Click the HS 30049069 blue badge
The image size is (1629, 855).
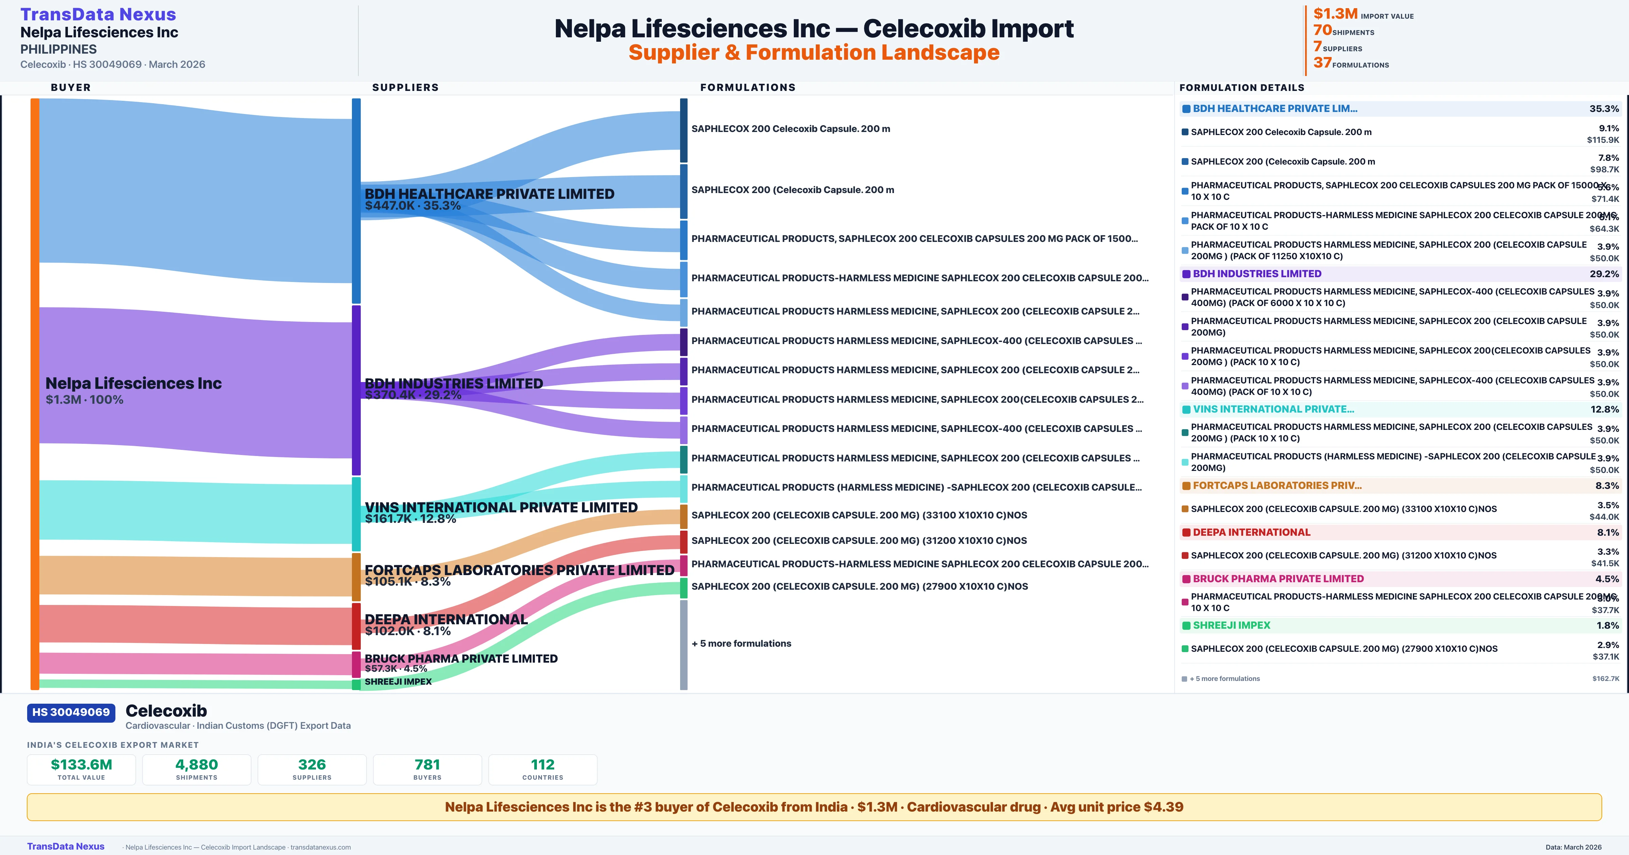[x=71, y=712]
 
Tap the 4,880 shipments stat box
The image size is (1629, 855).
[x=197, y=769]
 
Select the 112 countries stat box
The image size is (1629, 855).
[x=543, y=769]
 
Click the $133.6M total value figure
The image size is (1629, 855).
[x=81, y=764]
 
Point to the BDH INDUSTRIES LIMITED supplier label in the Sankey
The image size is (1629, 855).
[x=453, y=384]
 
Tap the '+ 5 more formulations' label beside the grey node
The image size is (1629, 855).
[x=741, y=644]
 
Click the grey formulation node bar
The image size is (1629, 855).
[x=684, y=644]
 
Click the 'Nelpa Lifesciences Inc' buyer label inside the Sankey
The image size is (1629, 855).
[x=133, y=383]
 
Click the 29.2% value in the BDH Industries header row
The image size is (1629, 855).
[x=1604, y=274]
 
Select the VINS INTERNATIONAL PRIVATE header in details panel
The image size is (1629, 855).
[x=1273, y=409]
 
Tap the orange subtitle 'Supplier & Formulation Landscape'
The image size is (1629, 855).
[x=814, y=53]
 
